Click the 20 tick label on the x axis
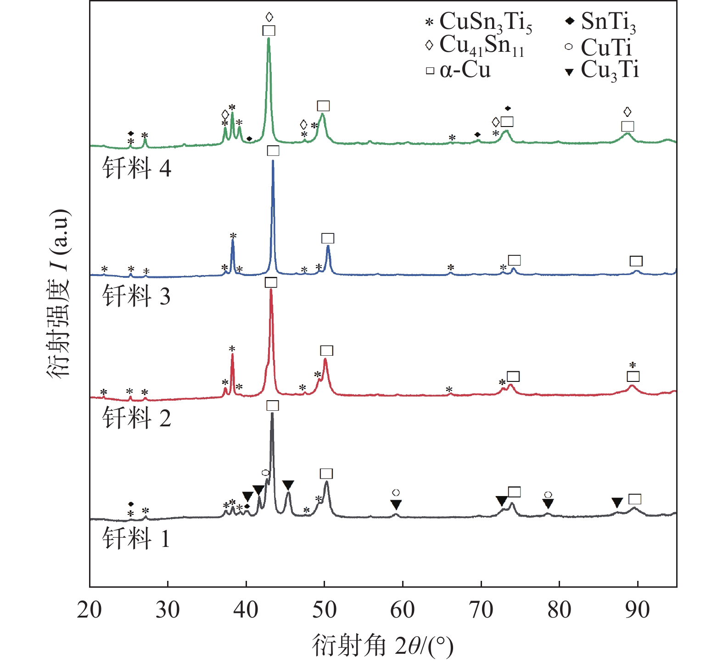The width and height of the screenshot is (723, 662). (90, 610)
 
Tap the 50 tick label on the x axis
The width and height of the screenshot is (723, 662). (325, 610)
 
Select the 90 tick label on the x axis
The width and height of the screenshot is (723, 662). (638, 610)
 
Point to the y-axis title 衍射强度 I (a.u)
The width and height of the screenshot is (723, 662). (59, 293)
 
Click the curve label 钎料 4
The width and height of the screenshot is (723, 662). (136, 168)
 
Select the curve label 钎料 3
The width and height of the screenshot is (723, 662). (136, 296)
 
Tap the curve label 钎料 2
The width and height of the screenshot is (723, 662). (136, 418)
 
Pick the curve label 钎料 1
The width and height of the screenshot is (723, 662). (136, 538)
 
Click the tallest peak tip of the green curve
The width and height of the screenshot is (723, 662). (269, 39)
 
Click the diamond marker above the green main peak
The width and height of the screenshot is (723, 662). (269, 17)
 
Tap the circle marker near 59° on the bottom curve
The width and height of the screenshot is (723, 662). (396, 493)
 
